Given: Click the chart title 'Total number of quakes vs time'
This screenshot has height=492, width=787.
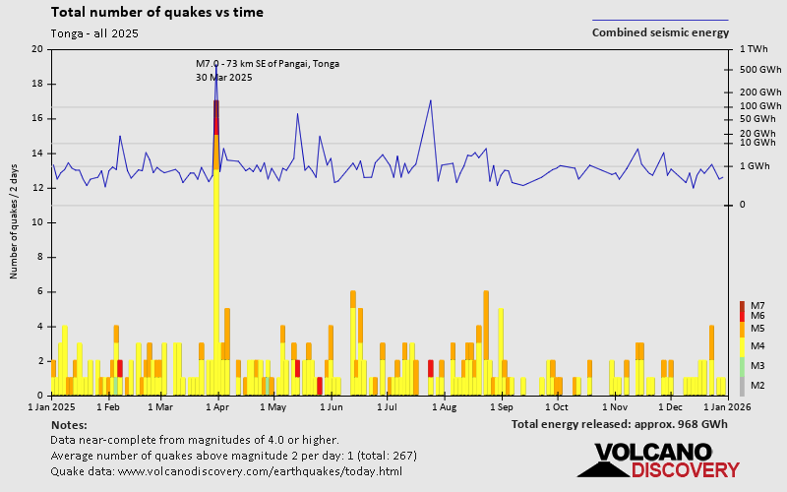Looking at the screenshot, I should click(156, 13).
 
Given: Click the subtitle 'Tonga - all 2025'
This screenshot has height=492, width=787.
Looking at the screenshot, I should click(94, 33).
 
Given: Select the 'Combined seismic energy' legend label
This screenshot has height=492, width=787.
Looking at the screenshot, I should click(660, 32).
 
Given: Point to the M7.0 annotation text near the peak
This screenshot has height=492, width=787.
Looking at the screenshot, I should click(268, 64).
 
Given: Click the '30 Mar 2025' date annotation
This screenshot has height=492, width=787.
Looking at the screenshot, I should click(224, 77).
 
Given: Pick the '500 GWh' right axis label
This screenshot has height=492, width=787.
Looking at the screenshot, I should click(758, 70).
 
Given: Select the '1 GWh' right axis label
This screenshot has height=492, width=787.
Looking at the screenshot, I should click(755, 166).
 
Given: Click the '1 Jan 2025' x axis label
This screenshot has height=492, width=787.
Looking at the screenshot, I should click(52, 405).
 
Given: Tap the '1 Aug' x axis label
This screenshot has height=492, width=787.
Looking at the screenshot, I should click(445, 405).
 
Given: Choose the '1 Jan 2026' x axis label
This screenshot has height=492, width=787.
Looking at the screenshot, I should click(727, 405).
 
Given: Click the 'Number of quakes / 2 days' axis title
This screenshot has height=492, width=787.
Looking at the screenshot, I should click(15, 222).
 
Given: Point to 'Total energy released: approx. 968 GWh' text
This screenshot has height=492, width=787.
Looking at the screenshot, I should click(620, 424).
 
